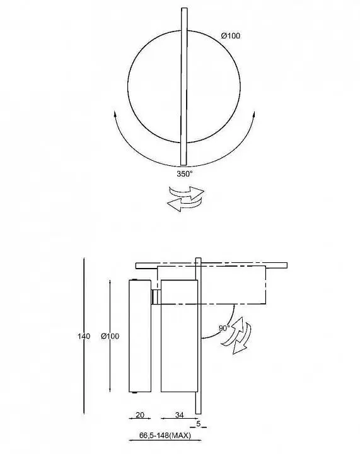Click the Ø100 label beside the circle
point(231,35)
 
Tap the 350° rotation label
point(185,174)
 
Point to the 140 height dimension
point(84,336)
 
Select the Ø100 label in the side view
point(110,336)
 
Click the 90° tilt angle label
point(224,328)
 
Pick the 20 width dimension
point(140,415)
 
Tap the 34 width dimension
point(180,415)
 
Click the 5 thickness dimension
point(198,423)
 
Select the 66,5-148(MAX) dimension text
point(165,435)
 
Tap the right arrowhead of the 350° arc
point(254,115)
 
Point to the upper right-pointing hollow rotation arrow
point(187,192)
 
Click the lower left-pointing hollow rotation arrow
point(184,204)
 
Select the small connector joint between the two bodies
point(156,297)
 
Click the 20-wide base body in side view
point(140,336)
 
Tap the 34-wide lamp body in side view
point(179,336)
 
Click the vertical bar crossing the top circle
point(183,86)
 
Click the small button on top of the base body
point(134,279)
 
